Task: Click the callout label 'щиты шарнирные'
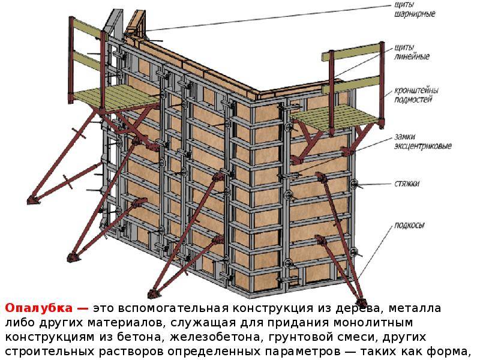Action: (414, 10)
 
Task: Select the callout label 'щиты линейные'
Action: (412, 52)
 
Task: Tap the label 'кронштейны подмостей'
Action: (416, 95)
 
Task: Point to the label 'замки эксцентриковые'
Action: (423, 141)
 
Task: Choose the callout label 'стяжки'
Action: (407, 184)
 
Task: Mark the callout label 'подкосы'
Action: (409, 226)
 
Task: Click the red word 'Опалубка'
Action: (39, 308)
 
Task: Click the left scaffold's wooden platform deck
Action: (117, 97)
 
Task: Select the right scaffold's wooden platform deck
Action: (334, 116)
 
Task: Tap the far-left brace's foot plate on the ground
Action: (34, 200)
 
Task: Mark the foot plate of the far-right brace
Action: (361, 302)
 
